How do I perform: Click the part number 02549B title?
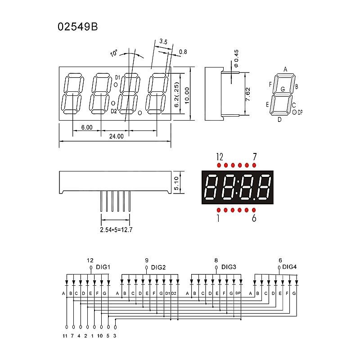[x=77, y=27]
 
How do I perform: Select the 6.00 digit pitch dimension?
[x=86, y=127]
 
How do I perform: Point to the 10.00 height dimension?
[x=187, y=94]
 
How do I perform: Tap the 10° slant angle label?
[x=113, y=54]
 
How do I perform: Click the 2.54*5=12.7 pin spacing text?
[x=116, y=229]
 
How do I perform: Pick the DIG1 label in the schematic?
[x=103, y=267]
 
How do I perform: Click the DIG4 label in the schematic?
[x=290, y=267]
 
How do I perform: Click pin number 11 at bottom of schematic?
[x=65, y=336]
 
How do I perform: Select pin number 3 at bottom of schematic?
[x=115, y=336]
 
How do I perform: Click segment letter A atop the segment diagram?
[x=285, y=69]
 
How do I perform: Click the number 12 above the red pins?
[x=219, y=157]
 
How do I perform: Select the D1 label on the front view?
[x=117, y=77]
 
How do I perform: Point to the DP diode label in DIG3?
[x=238, y=293]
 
